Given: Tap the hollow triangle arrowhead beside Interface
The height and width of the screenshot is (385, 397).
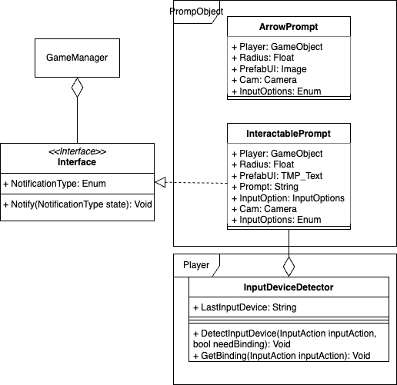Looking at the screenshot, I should [x=159, y=183].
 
